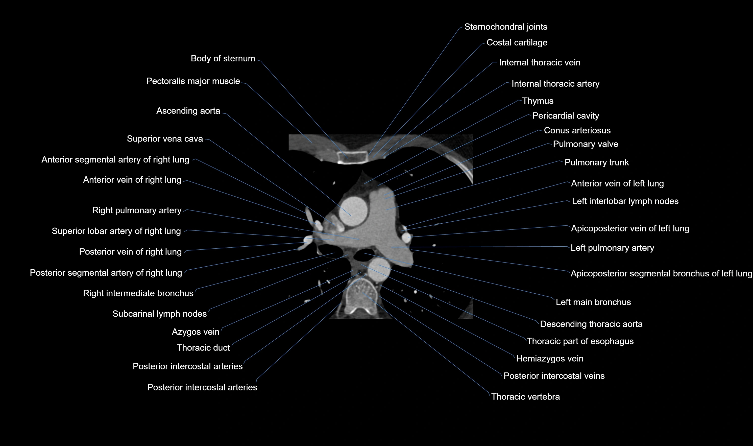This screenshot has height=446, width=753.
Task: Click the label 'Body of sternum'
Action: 223,58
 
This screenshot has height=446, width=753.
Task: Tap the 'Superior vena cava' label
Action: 165,139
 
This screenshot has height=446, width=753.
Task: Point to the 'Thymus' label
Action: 537,101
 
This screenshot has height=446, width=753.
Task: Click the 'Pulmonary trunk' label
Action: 596,162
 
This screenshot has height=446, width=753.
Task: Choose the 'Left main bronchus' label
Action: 593,302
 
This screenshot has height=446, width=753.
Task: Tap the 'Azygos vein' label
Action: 195,332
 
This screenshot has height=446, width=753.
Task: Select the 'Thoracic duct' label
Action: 203,348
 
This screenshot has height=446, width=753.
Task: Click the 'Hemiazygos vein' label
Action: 549,359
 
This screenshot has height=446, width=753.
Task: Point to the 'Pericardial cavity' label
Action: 565,116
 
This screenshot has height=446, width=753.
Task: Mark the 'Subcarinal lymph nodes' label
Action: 159,314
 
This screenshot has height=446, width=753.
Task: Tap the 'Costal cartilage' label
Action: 517,43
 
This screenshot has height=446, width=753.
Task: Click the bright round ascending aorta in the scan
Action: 353,211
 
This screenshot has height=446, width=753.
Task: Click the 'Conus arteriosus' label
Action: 577,130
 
